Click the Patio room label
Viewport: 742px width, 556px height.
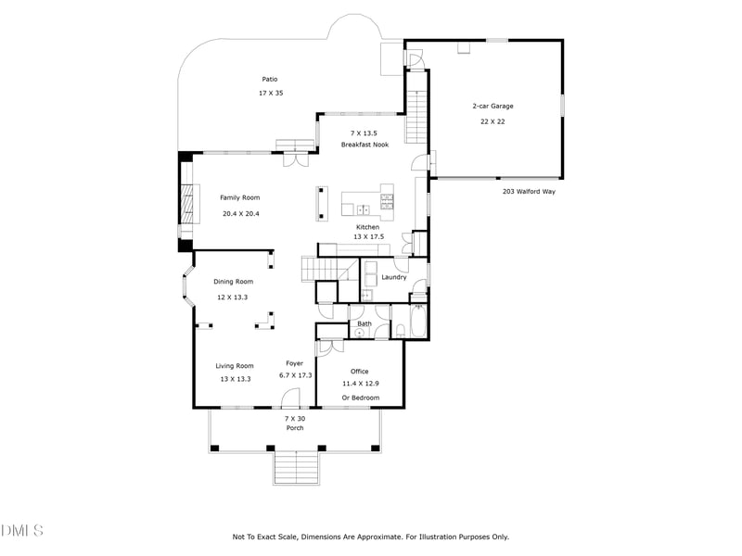pos(269,79)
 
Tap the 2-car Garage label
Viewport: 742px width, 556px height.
pos(493,106)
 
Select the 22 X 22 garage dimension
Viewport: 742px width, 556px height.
pos(493,121)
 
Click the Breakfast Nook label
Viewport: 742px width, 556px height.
pos(364,145)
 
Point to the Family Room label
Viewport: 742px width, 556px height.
pos(239,197)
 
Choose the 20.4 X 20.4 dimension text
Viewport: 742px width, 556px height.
pos(240,213)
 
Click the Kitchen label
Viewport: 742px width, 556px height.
pos(368,226)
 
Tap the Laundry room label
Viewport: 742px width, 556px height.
pos(394,277)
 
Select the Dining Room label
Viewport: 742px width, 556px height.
pos(234,282)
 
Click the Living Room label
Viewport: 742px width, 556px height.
pos(235,365)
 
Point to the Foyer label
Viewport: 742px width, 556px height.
pos(294,363)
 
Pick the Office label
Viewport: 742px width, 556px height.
pos(360,372)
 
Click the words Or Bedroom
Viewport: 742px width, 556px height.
pos(360,398)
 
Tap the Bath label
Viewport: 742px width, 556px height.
pos(365,323)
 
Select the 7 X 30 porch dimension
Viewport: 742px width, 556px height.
pos(294,418)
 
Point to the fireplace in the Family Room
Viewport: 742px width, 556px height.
pos(190,204)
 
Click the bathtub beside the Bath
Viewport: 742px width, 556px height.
pos(416,322)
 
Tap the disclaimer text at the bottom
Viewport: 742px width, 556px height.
pos(370,537)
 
